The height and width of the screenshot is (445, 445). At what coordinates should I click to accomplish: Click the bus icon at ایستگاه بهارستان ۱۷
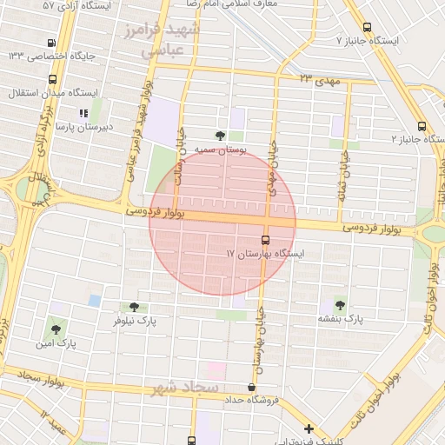[265, 240]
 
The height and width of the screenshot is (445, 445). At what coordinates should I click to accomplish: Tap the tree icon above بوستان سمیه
[220, 136]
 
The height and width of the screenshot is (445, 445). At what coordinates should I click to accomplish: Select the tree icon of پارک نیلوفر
[134, 307]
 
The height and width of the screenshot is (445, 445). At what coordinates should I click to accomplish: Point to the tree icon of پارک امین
[56, 329]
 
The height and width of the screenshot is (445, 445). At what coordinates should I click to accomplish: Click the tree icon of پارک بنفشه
[339, 305]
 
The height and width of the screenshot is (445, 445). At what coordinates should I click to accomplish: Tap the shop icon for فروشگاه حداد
[252, 388]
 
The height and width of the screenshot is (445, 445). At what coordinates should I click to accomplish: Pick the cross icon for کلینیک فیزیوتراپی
[309, 428]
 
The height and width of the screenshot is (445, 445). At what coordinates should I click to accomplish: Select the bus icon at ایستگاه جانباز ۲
[422, 124]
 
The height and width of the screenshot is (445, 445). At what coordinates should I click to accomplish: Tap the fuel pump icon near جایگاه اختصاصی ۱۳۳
[54, 42]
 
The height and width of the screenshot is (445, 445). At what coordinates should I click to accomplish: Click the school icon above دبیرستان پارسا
[83, 113]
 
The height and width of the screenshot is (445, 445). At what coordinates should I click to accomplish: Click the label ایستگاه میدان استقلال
[52, 91]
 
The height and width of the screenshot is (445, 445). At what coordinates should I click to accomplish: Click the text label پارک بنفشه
[341, 320]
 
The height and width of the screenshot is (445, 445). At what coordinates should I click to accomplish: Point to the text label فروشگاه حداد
[256, 400]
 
